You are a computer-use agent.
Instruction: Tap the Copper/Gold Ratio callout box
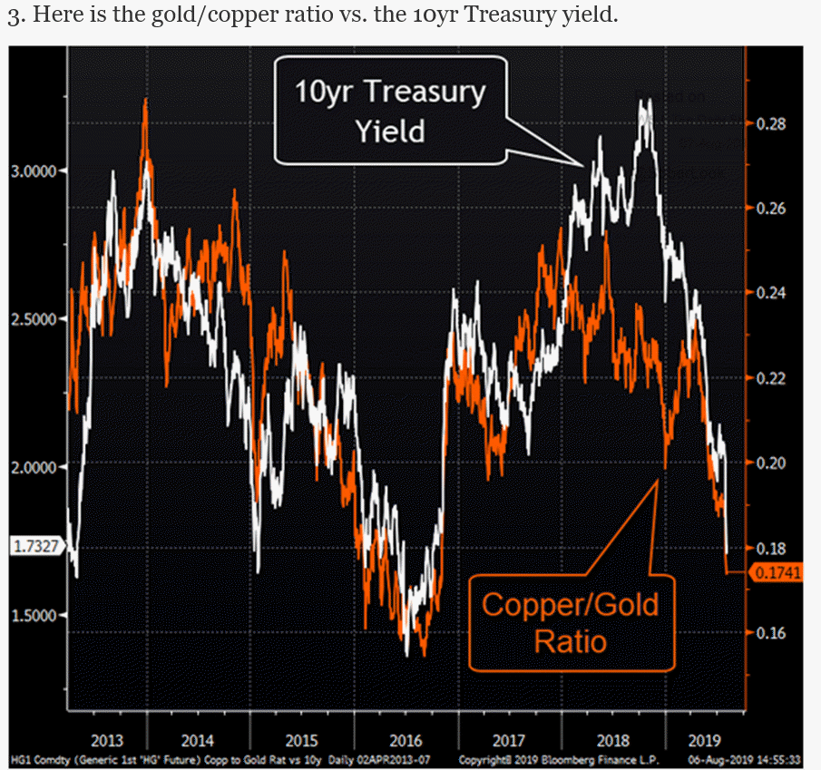pos(571,622)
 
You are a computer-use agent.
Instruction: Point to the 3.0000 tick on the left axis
pos(34,171)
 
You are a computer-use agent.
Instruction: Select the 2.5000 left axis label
pos(34,318)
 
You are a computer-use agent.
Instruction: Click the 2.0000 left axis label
pos(34,466)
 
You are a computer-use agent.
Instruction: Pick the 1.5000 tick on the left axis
pos(34,614)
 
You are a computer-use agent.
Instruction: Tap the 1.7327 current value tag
pos(34,545)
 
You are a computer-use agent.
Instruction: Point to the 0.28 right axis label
pos(772,123)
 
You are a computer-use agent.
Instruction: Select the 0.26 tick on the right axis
pos(772,209)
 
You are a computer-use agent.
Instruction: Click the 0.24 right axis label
pos(772,293)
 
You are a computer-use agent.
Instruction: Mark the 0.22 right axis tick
pos(772,377)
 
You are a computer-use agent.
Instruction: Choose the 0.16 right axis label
pos(772,632)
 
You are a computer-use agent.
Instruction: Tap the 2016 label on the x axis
pos(406,740)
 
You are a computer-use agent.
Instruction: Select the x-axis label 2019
pos(705,740)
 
